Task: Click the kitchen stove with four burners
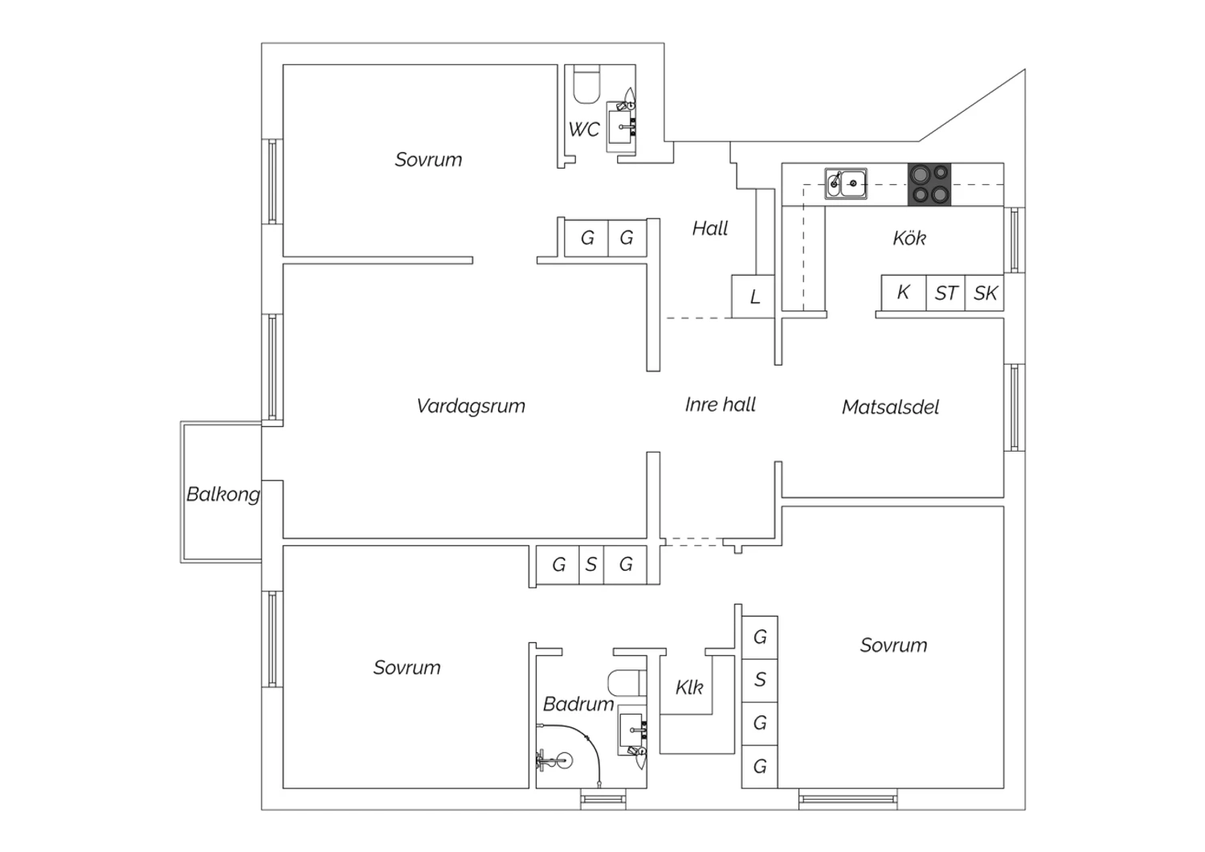click(929, 185)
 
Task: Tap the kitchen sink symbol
click(846, 183)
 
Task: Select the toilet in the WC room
click(586, 84)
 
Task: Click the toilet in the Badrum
click(627, 683)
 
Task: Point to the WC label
click(584, 129)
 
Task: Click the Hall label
click(710, 228)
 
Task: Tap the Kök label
click(909, 238)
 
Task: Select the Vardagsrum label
click(471, 406)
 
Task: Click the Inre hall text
click(721, 404)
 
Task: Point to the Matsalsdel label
click(890, 407)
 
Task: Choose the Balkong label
click(223, 494)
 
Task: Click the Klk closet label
click(689, 687)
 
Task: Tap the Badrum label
click(578, 704)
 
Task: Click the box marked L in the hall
click(754, 297)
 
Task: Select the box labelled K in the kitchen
click(904, 293)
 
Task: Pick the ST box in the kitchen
click(946, 293)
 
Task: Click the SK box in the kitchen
click(985, 293)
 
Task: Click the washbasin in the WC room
click(621, 127)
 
